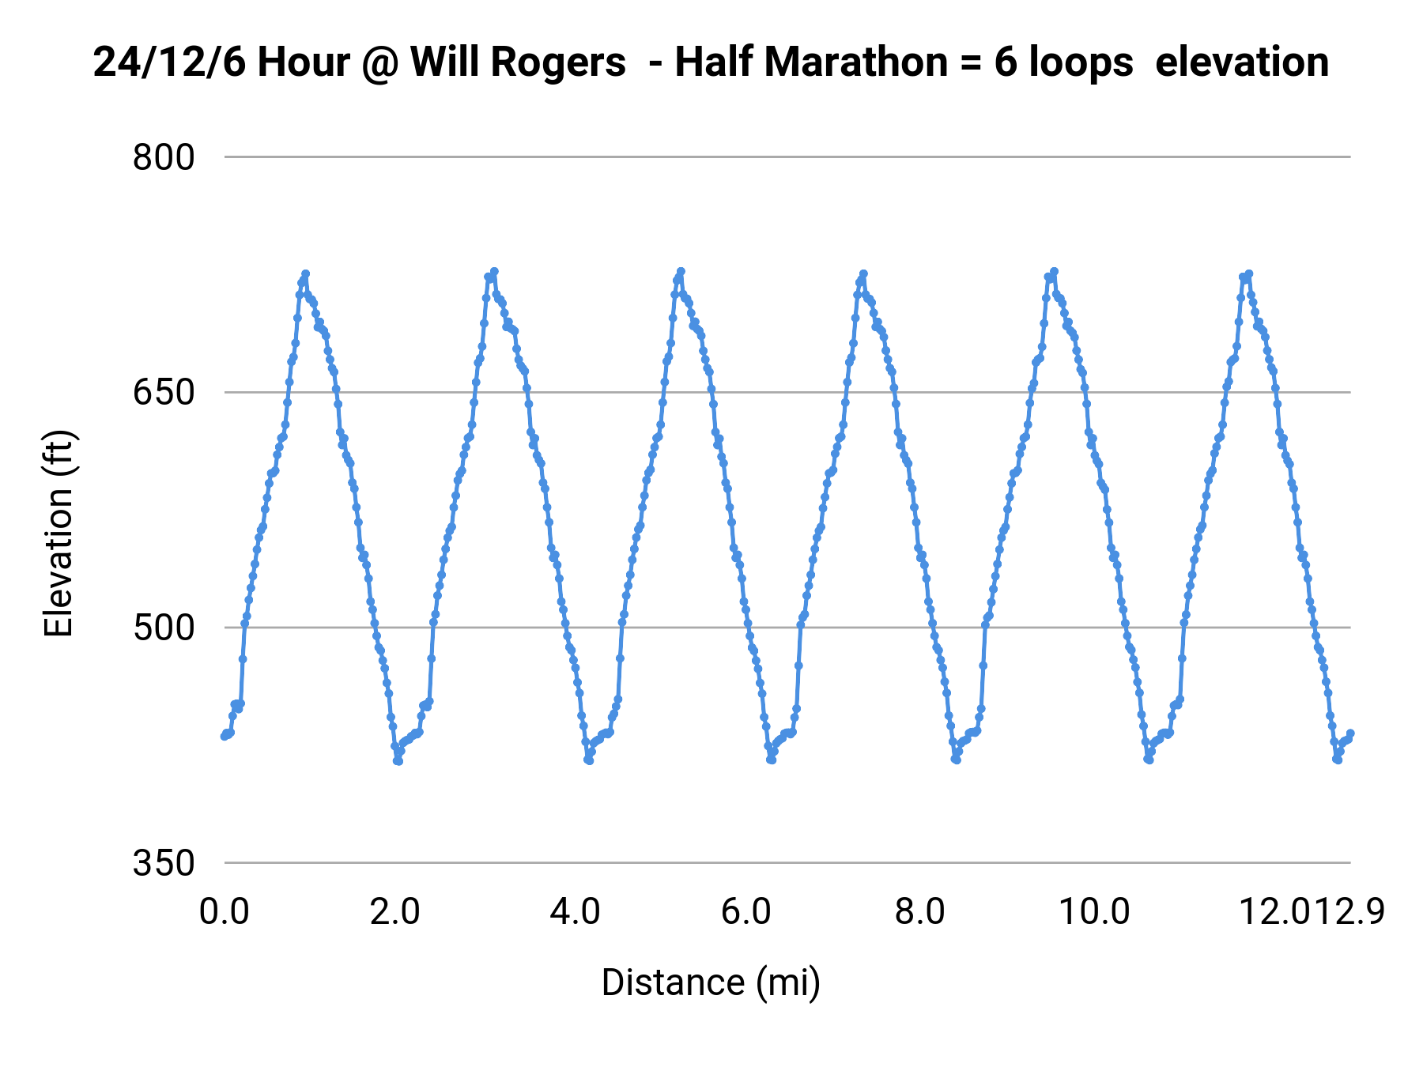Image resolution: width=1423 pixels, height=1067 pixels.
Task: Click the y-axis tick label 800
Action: pos(163,157)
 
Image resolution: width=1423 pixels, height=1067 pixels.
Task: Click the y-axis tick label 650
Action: pos(163,392)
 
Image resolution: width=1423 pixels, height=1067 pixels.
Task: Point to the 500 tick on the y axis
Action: pos(163,628)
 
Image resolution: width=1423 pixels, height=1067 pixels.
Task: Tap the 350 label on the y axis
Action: pos(163,863)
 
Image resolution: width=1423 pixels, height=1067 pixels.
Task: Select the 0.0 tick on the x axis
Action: pos(225,912)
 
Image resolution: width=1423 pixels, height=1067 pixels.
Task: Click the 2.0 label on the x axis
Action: pos(395,912)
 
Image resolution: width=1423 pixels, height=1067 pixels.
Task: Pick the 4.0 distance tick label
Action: pos(575,912)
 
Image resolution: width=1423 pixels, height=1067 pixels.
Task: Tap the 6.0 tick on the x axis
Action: pos(746,912)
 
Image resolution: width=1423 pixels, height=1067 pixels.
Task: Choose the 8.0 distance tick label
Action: pos(919,912)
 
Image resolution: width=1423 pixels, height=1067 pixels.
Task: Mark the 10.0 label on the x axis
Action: pos(1094,912)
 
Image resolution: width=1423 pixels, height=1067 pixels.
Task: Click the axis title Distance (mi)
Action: pos(711,982)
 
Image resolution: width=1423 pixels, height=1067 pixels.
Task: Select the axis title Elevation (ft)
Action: pos(58,533)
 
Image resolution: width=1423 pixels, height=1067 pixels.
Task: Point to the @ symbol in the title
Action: pos(380,62)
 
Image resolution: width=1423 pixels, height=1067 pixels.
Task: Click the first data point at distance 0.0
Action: pos(225,737)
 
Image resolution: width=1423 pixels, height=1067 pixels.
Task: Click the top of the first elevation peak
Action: pos(305,273)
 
